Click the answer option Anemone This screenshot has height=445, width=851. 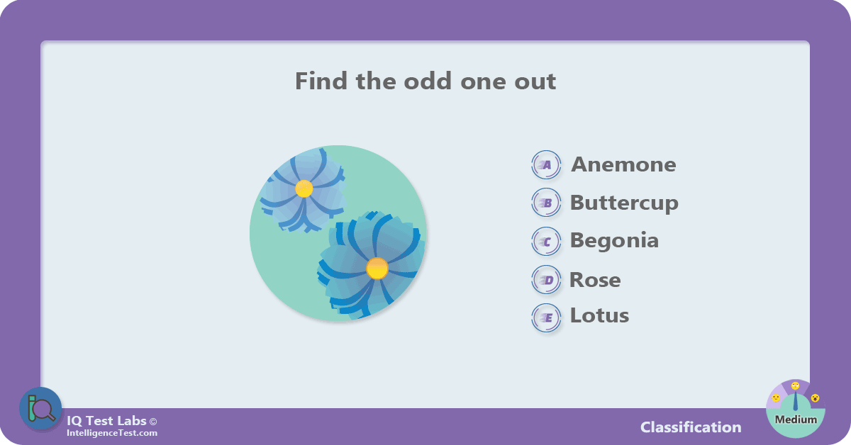click(x=623, y=164)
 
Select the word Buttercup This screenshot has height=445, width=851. click(x=624, y=203)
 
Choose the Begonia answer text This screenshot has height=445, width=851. click(x=614, y=241)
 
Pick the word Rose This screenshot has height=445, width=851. click(x=595, y=280)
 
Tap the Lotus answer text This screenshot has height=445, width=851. click(x=599, y=315)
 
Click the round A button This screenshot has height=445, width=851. click(x=546, y=165)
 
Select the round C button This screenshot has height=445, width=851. click(x=546, y=242)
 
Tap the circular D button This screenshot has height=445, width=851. click(x=546, y=280)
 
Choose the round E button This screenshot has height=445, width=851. click(x=546, y=318)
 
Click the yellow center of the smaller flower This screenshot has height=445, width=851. click(x=304, y=188)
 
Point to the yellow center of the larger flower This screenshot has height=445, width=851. click(x=377, y=269)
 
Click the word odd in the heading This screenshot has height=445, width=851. click(x=428, y=81)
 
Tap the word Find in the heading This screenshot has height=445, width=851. click(x=321, y=81)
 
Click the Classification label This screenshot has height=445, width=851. click(x=691, y=427)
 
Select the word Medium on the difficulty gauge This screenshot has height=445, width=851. click(x=796, y=419)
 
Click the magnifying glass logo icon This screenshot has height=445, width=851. click(x=40, y=409)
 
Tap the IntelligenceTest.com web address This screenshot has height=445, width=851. click(x=112, y=433)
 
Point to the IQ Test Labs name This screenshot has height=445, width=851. click(x=107, y=421)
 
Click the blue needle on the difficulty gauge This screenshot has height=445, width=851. click(x=796, y=401)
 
